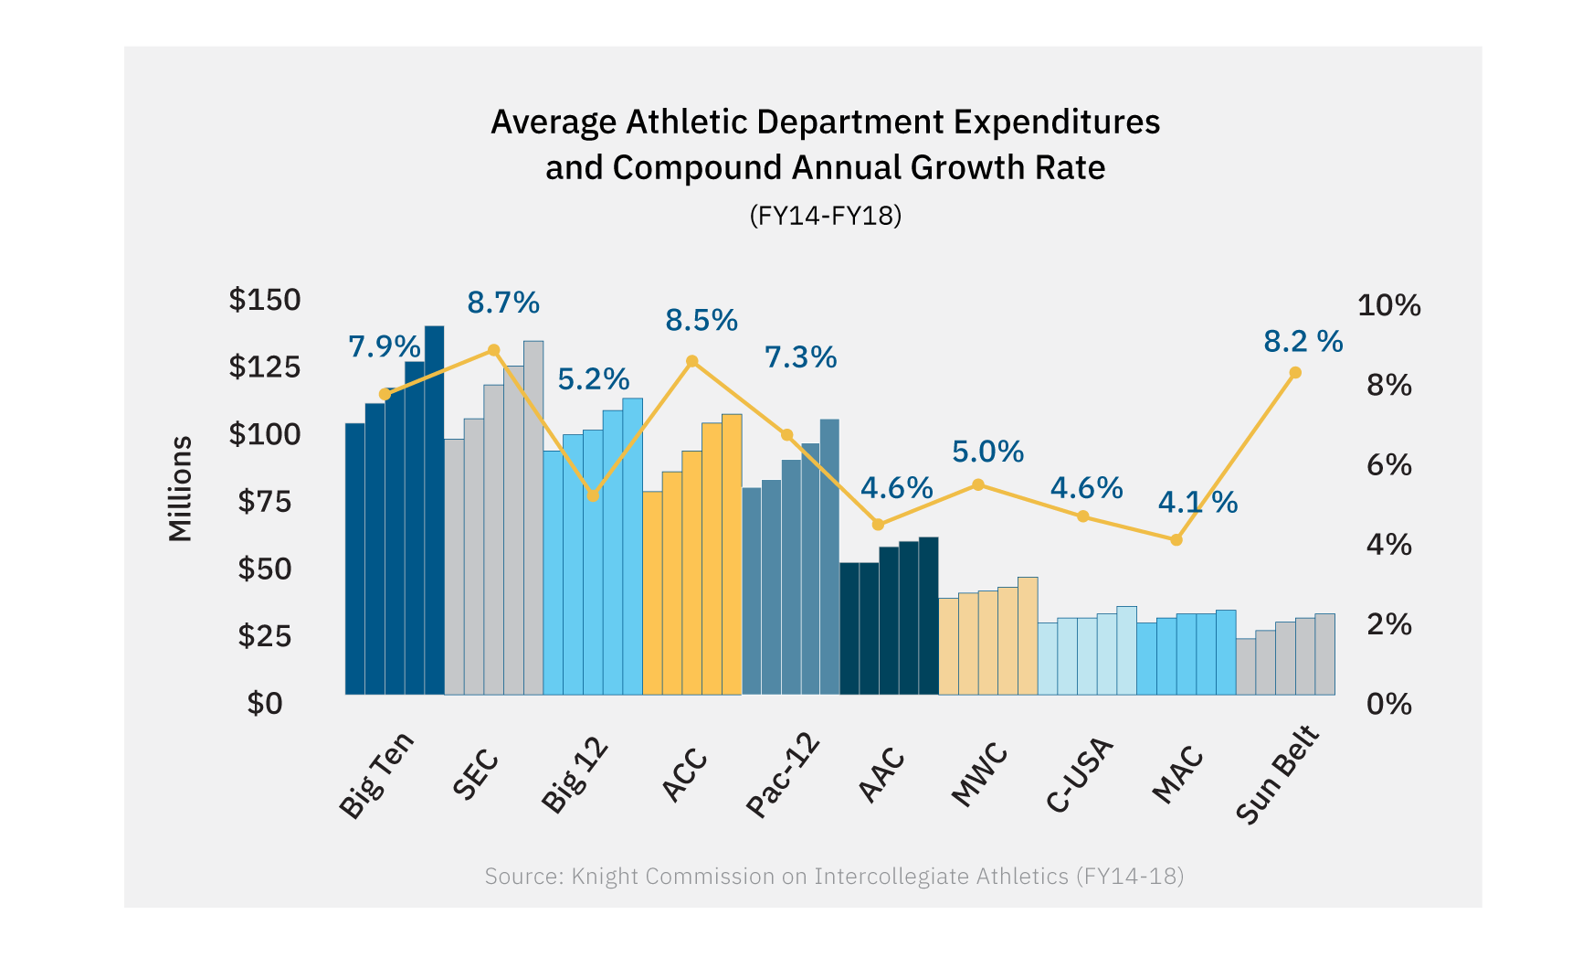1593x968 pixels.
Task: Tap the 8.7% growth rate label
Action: [503, 303]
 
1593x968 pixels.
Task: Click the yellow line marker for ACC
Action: [692, 361]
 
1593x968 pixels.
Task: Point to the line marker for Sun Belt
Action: [1295, 373]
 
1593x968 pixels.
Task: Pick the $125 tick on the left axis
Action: [264, 367]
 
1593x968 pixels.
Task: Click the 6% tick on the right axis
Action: [1388, 465]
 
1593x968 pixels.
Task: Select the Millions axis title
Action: [181, 489]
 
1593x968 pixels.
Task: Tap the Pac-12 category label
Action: [783, 774]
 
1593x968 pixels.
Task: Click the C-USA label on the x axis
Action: [1080, 774]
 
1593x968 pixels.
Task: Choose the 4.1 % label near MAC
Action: [1197, 502]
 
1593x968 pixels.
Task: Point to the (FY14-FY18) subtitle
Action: [825, 216]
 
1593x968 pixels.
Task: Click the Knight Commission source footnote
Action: [833, 876]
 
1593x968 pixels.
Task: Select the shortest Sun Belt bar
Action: [1246, 666]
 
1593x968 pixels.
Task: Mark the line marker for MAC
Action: [1176, 540]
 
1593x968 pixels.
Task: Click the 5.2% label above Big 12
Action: [594, 378]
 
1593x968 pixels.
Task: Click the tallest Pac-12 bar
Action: [829, 557]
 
